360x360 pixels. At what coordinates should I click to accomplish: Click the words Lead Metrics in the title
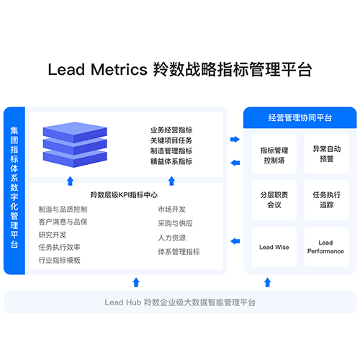click(97, 70)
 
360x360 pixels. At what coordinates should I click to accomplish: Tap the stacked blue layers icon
click(75, 145)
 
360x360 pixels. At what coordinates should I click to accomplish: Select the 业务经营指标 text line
click(171, 130)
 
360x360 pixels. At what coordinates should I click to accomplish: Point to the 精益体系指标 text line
click(171, 161)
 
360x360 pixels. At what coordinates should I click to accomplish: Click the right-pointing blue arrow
click(235, 139)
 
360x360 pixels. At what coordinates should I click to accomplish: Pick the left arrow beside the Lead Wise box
click(235, 241)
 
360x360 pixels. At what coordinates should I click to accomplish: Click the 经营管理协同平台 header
click(300, 117)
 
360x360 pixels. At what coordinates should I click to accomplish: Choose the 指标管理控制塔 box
click(274, 154)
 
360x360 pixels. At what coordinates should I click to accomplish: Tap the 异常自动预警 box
click(327, 154)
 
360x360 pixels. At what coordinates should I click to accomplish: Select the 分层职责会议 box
click(274, 199)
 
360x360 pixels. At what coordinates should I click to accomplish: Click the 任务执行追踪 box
click(327, 199)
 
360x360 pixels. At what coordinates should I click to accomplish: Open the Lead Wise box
click(274, 247)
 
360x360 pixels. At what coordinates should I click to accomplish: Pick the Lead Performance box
click(327, 247)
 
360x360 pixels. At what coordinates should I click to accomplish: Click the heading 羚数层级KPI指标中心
click(124, 195)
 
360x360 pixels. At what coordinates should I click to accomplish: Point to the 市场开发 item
click(172, 210)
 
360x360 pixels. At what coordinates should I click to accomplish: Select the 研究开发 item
click(53, 235)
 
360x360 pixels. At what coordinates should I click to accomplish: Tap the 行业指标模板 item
click(60, 260)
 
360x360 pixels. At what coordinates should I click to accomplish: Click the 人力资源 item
click(172, 238)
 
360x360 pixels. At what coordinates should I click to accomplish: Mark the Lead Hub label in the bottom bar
click(123, 302)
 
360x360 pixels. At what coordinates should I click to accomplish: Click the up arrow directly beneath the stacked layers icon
click(70, 181)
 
